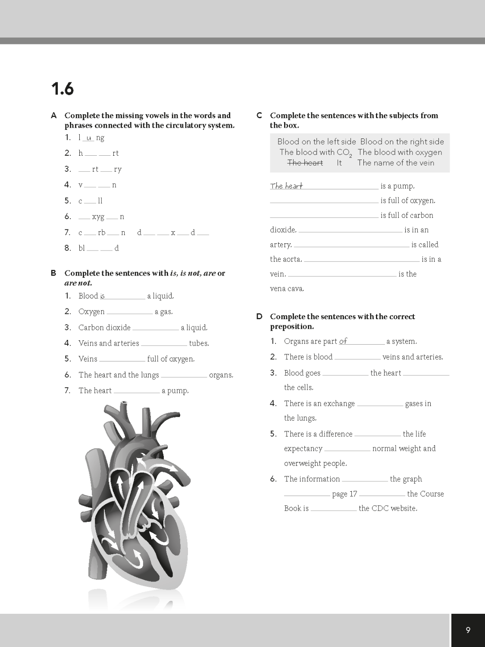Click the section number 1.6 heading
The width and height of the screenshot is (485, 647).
[x=63, y=89]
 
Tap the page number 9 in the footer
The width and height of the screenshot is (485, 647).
[x=468, y=630]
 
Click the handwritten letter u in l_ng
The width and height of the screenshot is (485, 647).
[x=88, y=138]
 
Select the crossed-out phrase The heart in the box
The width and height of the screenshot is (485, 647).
[x=305, y=163]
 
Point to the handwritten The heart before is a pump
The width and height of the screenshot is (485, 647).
[x=286, y=186]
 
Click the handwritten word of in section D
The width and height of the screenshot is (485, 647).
[x=343, y=341]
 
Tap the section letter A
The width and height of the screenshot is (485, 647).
[x=54, y=116]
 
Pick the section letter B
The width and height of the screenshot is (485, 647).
[x=54, y=273]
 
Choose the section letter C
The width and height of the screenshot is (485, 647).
[x=259, y=116]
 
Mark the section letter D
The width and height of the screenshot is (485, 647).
[x=259, y=317]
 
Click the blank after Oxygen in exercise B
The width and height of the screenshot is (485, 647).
[x=129, y=312]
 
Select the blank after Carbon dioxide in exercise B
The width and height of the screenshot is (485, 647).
[x=155, y=328]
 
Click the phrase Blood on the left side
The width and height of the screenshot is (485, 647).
[x=316, y=141]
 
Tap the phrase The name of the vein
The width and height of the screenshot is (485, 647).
[x=395, y=163]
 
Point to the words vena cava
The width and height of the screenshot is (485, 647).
[x=287, y=289]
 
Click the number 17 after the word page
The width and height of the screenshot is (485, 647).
[x=353, y=494]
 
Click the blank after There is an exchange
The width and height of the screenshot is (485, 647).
[x=380, y=404]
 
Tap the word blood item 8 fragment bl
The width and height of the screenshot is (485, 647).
[x=81, y=248]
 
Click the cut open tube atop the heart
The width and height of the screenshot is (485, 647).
[x=124, y=405]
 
